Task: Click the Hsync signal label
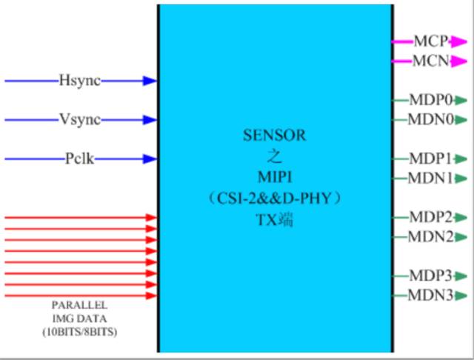79,80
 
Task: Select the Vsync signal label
79,119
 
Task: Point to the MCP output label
430,41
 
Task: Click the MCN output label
430,61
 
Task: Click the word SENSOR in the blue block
274,136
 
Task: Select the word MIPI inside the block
274,178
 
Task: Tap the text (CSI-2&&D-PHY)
274,199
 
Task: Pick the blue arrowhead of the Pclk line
150,159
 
